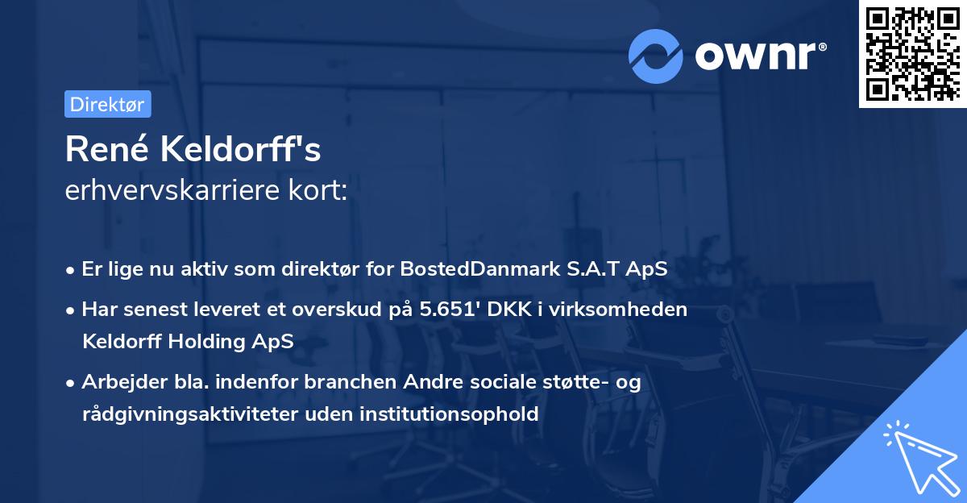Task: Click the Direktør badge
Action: [x=107, y=104]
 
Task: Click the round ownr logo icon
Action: [x=656, y=56]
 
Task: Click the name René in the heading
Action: [x=106, y=148]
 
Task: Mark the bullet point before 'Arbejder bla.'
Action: [x=72, y=383]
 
